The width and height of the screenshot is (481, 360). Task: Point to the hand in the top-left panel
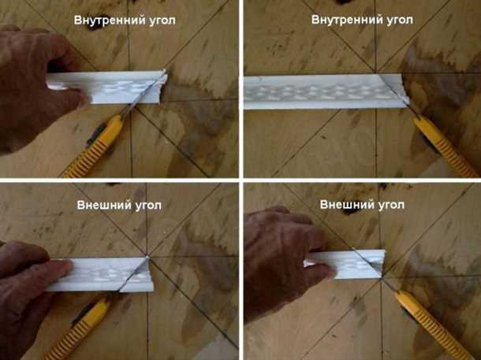click(35, 87)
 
